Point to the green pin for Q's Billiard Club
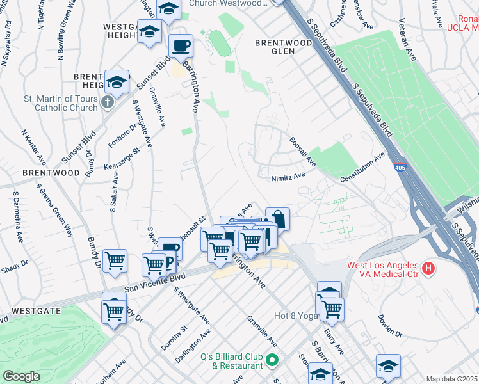[x=272, y=360]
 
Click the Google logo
[x=21, y=376]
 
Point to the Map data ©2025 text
[x=452, y=379]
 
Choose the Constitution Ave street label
[x=362, y=168]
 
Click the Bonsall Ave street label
[x=302, y=149]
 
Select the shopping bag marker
[x=277, y=219]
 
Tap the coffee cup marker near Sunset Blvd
[x=181, y=46]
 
